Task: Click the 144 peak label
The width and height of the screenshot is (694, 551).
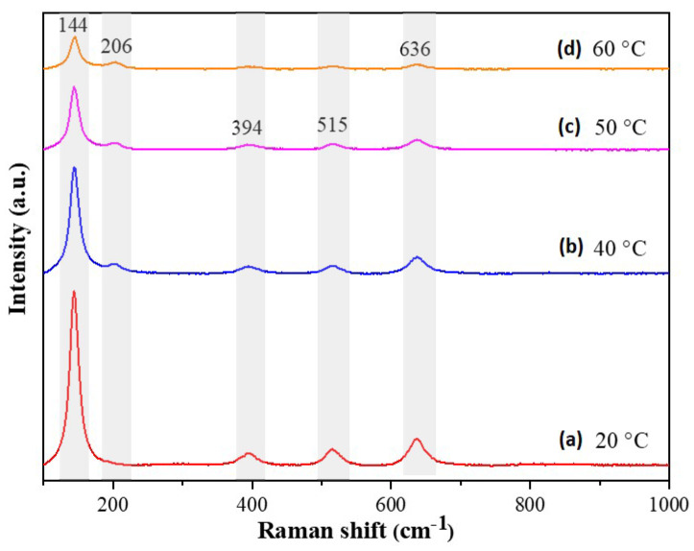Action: (75, 23)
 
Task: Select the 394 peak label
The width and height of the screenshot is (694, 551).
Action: (247, 128)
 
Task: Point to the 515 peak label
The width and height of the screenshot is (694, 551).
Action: (331, 126)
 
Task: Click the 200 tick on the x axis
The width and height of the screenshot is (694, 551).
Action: (113, 500)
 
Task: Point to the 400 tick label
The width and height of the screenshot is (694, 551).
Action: (252, 500)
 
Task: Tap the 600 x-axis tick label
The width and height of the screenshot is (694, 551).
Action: (391, 500)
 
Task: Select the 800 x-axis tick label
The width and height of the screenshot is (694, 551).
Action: (530, 500)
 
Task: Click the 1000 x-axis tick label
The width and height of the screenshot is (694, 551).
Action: (667, 500)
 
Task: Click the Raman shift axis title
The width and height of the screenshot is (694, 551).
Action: (356, 530)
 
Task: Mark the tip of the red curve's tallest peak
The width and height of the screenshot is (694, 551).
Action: (74, 292)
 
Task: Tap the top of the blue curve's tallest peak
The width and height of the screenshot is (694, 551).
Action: (74, 168)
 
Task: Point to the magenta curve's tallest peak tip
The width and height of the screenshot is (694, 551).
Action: (74, 87)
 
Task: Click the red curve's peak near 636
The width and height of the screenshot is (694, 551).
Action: (417, 440)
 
